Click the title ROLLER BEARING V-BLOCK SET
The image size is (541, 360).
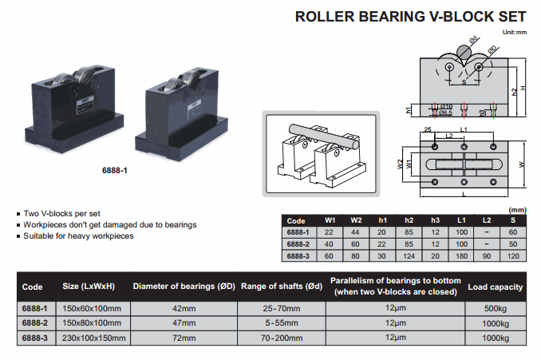tap(411, 16)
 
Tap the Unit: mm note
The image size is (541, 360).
tap(515, 32)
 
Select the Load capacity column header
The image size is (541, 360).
tap(496, 287)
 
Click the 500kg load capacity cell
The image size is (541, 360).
tap(496, 308)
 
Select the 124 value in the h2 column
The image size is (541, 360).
tap(409, 255)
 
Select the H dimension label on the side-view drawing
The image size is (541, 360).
tap(521, 88)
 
